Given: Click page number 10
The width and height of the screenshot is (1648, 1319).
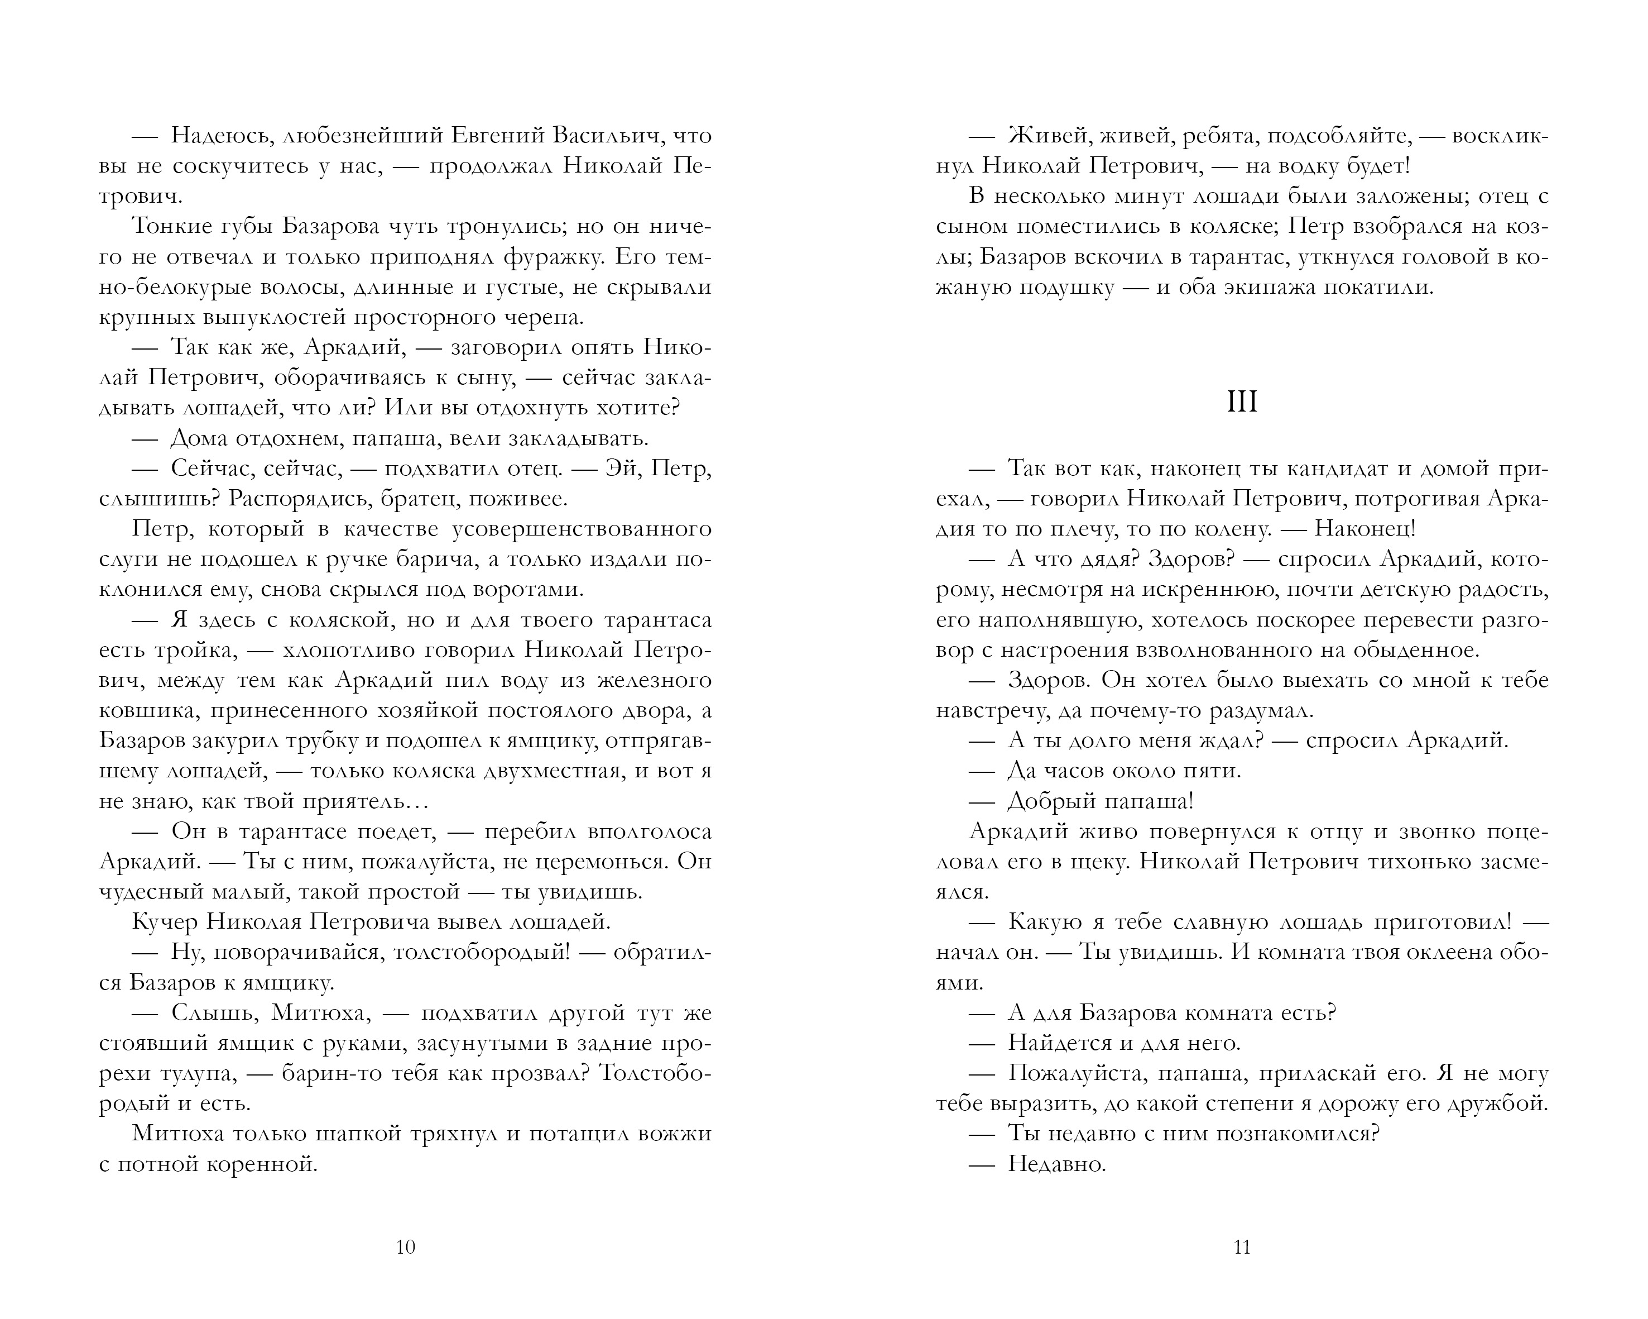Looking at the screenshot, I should pyautogui.click(x=405, y=1247).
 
